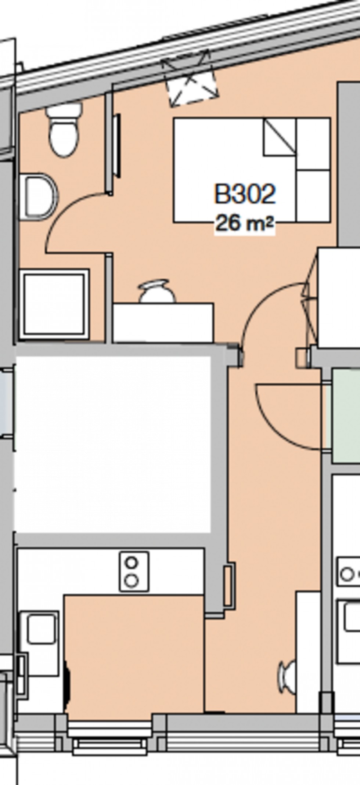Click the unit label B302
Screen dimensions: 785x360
pyautogui.click(x=245, y=194)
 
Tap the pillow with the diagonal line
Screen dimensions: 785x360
pyautogui.click(x=279, y=137)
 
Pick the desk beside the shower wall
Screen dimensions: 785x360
pyautogui.click(x=163, y=322)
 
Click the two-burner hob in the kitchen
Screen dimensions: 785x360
pyautogui.click(x=134, y=571)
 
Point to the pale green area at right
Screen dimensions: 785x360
pyautogui.click(x=345, y=415)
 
